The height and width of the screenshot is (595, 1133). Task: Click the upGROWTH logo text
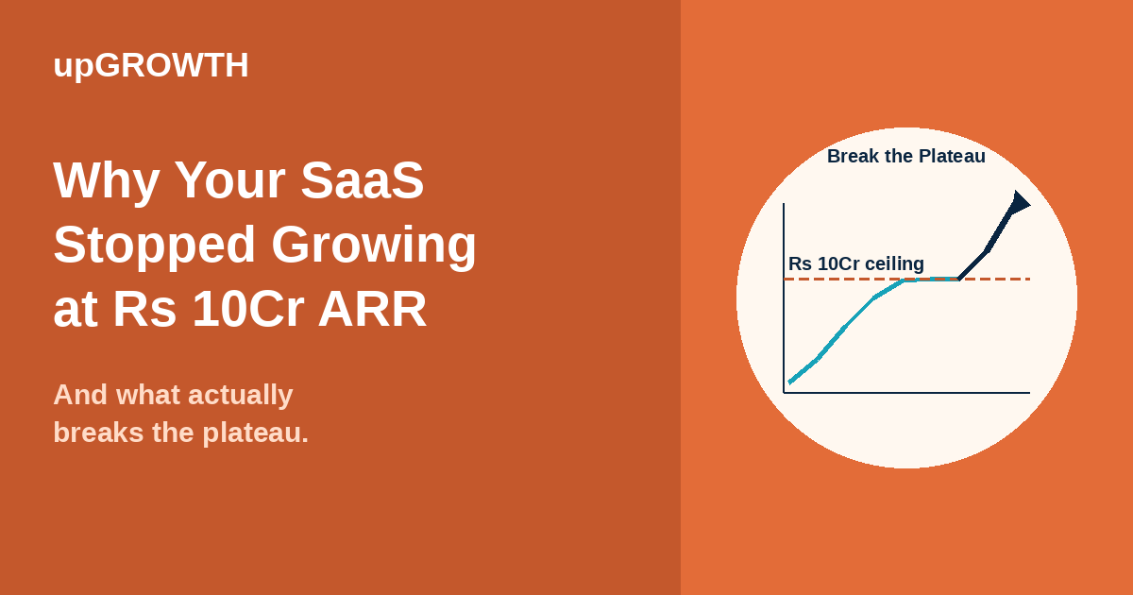(151, 65)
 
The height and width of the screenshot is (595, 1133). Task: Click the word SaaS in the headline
(363, 180)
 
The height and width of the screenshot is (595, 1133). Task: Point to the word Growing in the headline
(374, 245)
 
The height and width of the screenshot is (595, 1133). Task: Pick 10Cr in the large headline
(247, 309)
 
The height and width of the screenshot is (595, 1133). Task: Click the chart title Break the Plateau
(905, 156)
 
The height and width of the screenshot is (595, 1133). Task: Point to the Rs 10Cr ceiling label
(855, 264)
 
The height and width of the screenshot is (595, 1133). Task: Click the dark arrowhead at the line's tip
(1020, 202)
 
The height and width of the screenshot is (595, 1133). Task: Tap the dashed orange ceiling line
(1001, 280)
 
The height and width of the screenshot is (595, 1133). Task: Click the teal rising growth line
(843, 329)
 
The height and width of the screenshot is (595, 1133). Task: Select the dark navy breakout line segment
(987, 250)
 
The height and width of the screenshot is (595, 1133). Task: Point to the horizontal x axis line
(906, 392)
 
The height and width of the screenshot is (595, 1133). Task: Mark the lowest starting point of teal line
(790, 382)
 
